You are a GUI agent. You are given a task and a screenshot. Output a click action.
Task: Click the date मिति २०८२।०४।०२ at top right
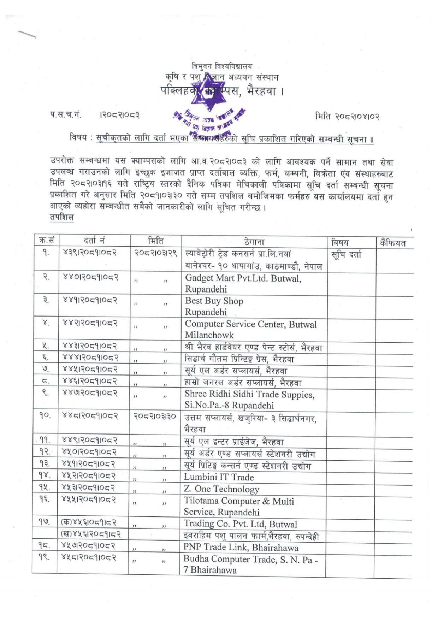click(347, 116)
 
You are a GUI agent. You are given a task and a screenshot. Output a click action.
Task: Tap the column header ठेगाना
click(254, 242)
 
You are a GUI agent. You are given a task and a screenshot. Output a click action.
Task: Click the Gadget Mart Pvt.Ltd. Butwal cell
click(243, 284)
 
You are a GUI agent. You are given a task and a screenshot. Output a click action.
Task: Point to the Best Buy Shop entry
click(214, 306)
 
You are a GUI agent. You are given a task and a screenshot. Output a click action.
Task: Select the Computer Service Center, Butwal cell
click(250, 329)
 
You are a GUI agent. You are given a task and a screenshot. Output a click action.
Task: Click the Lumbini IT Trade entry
click(219, 477)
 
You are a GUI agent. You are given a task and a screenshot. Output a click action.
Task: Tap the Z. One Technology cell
click(221, 489)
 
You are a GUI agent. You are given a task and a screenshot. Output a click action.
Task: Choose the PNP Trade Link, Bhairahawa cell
click(241, 548)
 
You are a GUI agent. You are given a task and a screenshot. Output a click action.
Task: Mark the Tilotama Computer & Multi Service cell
click(239, 506)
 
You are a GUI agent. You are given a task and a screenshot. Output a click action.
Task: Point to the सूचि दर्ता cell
click(346, 254)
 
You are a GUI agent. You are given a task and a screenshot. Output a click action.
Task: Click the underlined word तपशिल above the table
click(61, 217)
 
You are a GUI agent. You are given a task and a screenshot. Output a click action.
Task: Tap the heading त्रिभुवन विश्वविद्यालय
click(222, 66)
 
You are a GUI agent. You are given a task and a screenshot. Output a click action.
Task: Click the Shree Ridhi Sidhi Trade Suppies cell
click(249, 400)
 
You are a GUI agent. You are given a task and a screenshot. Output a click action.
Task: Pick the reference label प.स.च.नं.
click(65, 114)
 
